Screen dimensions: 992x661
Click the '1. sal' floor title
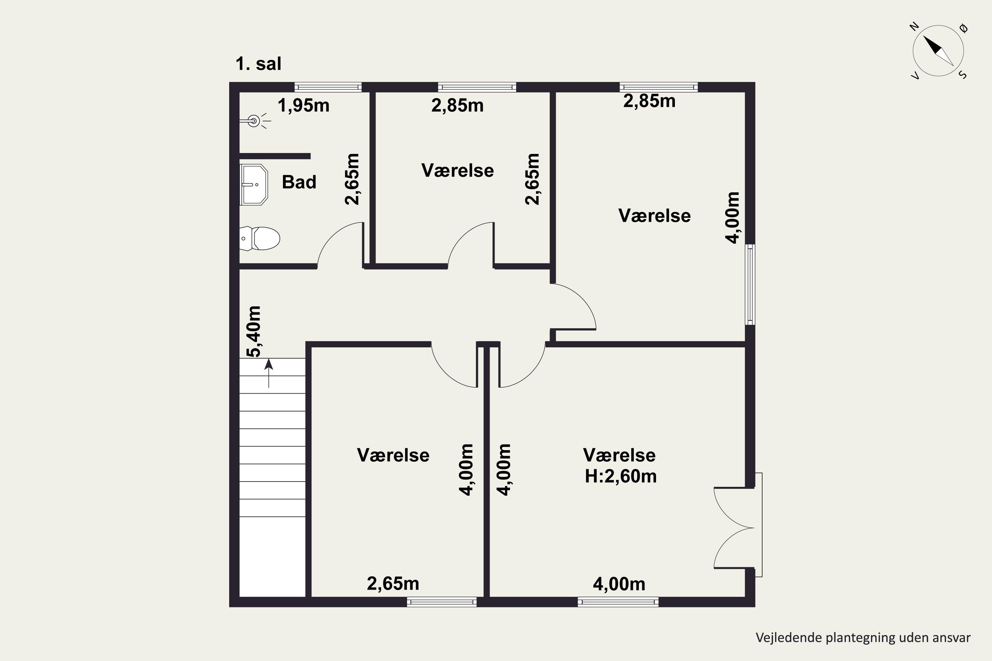coord(258,64)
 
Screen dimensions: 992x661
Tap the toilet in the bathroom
coord(259,239)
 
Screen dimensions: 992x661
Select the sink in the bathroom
coord(254,185)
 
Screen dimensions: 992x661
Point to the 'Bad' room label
coord(299,182)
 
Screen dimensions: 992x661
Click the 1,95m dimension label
coord(303,105)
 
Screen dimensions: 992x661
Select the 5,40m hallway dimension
coord(254,331)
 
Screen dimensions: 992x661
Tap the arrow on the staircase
coord(269,373)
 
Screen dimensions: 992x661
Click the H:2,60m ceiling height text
coord(620,476)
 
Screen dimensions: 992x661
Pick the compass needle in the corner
coord(938,51)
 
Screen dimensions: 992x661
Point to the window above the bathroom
coord(328,87)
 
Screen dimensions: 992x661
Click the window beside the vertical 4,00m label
coord(750,284)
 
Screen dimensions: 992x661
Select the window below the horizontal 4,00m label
coord(618,602)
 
